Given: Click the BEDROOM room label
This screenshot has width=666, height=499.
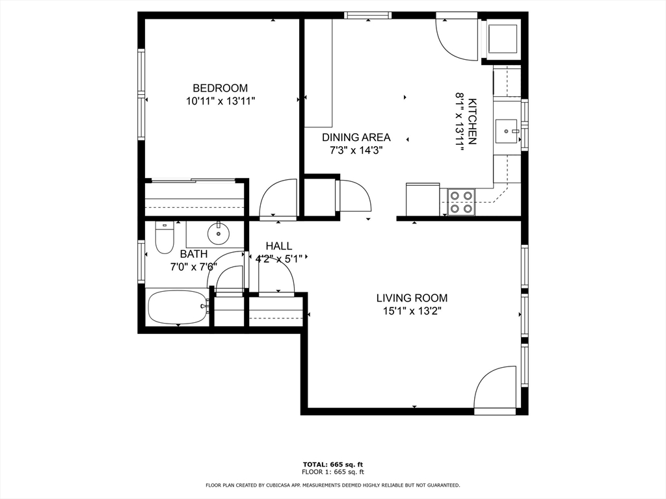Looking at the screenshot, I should (220, 88).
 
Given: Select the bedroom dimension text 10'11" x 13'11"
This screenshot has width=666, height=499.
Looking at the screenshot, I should (220, 101).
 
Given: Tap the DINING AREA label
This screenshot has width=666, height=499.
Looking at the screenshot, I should (356, 137).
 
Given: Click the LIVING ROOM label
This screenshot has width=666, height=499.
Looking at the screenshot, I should (412, 298).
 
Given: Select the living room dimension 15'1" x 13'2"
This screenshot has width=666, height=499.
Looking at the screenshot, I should (412, 311).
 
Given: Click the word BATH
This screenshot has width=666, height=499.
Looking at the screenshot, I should (194, 254).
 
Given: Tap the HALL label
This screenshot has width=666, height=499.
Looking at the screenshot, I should (278, 246).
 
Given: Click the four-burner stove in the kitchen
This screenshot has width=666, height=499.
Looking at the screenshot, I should (461, 201).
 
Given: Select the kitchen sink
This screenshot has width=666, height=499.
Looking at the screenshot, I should (507, 131).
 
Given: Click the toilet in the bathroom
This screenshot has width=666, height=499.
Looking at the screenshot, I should (165, 238).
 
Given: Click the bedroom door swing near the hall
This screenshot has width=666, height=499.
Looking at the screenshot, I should (278, 199).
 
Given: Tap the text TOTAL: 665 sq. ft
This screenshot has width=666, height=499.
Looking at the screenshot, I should (332, 464).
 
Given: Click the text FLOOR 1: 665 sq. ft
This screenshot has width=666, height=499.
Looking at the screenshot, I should (332, 472).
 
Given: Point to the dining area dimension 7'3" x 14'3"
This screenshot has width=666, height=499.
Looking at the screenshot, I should (356, 150).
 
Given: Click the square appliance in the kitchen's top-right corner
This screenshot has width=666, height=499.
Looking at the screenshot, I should (502, 39).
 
